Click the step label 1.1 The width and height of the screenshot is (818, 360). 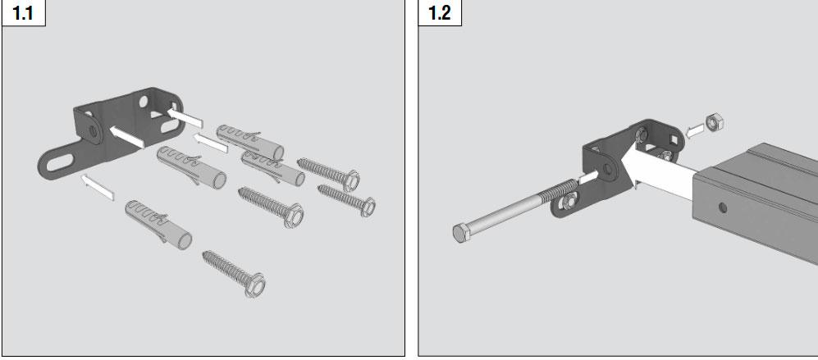[23, 13]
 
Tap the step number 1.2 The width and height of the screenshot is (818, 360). [439, 13]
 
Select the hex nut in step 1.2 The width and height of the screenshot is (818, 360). [714, 123]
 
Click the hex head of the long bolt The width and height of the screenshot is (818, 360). [460, 233]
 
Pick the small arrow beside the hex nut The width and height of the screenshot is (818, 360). [694, 131]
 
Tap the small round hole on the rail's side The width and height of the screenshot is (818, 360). [723, 207]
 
